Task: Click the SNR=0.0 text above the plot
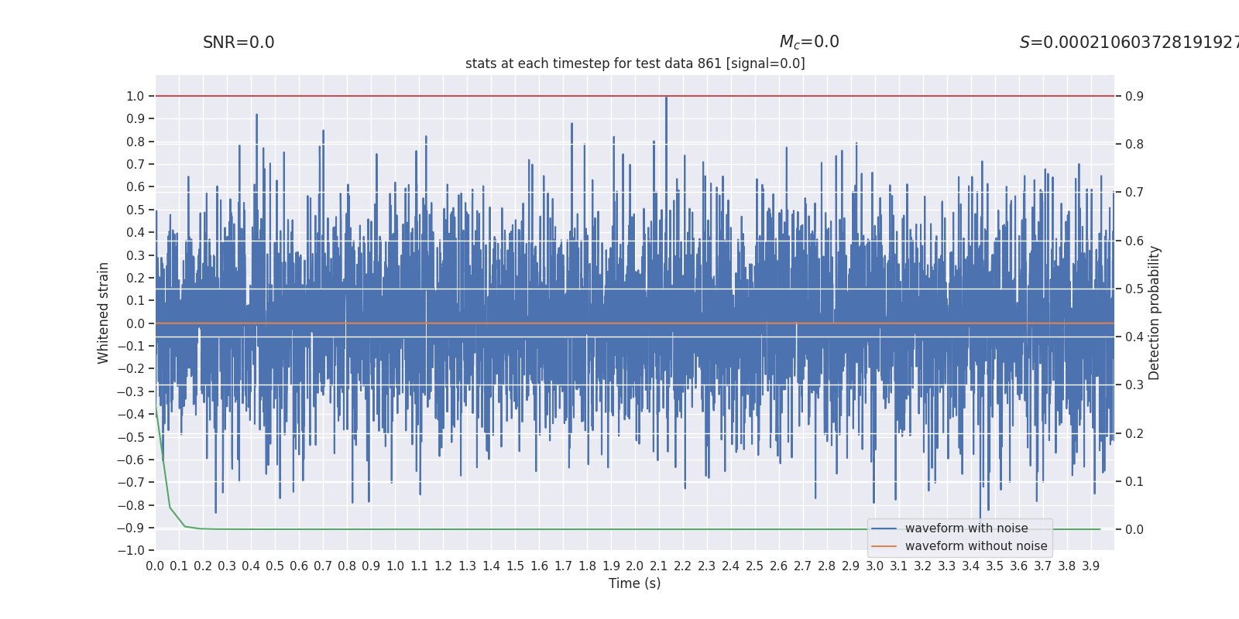pos(239,43)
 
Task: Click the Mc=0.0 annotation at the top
pos(808,43)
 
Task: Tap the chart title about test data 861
pos(635,63)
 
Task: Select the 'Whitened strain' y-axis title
pos(104,313)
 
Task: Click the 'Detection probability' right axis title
pos(1155,313)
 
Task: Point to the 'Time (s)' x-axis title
pos(634,583)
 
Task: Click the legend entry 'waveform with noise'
pos(966,528)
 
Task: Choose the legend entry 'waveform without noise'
pos(975,546)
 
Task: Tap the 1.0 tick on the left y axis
pos(136,96)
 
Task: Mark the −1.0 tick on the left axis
pos(132,550)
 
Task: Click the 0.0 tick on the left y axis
pos(136,323)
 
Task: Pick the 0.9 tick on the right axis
pos(1134,96)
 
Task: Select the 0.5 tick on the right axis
pos(1134,289)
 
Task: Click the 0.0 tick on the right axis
pos(1134,529)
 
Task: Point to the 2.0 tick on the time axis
pos(635,566)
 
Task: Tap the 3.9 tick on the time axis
pos(1091,566)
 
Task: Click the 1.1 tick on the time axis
pos(419,566)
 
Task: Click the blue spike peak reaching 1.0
pos(666,97)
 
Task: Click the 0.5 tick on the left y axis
pos(136,210)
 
